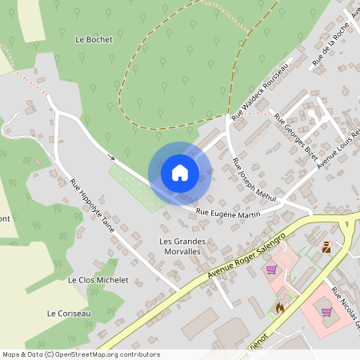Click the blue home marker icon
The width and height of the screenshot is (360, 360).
pos(179,172)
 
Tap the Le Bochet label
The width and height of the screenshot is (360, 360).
pos(94,38)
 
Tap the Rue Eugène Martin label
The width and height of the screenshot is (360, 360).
pos(229,214)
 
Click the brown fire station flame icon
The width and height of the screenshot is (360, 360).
pos(279,306)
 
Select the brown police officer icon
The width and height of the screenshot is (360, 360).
pos(326,247)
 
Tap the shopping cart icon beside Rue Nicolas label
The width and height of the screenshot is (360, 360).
pos(326,311)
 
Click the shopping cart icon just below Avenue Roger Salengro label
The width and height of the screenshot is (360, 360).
pos(270,270)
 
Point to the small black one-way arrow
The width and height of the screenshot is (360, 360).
pos(111,158)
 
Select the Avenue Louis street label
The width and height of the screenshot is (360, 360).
pos(339,148)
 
